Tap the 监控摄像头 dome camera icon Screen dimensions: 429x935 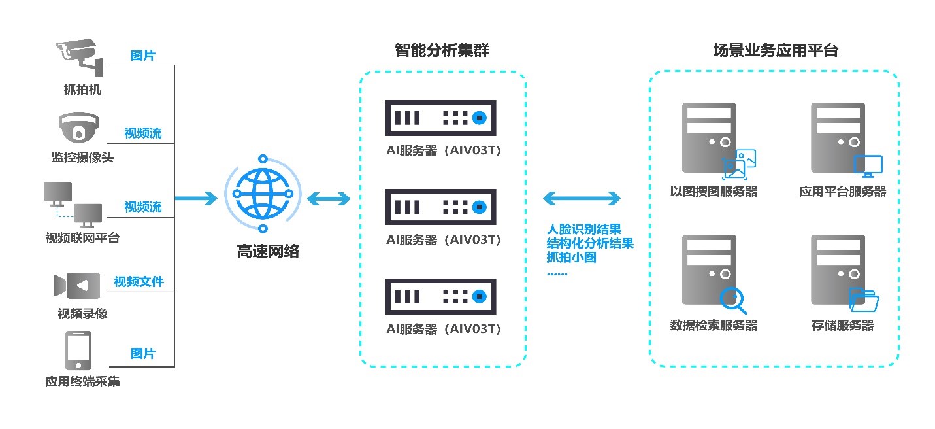tap(78, 128)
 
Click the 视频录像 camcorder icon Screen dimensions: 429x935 tap(77, 286)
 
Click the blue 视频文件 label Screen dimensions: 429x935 tap(139, 282)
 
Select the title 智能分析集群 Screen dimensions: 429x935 tap(442, 50)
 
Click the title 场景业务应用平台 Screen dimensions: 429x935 tap(775, 50)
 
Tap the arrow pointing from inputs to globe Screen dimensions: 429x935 tap(196, 197)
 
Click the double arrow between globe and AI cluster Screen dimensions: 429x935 tap(328, 197)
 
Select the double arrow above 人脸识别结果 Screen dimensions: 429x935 tap(581, 197)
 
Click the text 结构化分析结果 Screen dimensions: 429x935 tap(590, 243)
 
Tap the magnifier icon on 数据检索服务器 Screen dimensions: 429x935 tap(732, 300)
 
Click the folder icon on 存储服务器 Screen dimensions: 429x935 tap(864, 300)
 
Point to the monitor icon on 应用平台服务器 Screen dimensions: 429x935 tap(868, 166)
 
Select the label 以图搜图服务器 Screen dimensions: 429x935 tap(714, 192)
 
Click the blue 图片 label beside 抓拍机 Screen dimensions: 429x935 tap(143, 56)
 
